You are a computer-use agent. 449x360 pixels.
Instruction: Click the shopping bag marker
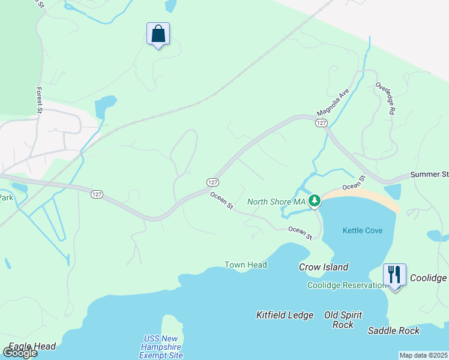point(158,34)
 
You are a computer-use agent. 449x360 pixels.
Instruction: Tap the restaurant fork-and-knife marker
point(394,275)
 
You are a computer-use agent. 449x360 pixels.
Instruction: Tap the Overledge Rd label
point(385,98)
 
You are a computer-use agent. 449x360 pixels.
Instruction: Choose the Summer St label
point(429,175)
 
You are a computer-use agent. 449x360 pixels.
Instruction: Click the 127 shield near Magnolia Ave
point(321,123)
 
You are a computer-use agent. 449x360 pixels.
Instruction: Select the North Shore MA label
point(277,202)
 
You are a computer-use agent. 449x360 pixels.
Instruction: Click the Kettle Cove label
point(363,230)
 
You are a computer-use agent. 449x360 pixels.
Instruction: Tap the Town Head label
point(246,265)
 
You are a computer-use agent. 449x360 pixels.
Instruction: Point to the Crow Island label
point(324,267)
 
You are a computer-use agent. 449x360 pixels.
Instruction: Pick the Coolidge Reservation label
point(346,285)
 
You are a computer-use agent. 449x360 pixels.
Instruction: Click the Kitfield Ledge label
point(285,315)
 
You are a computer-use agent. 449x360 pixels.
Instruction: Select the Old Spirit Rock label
point(339,319)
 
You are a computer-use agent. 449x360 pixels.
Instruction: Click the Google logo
point(20,352)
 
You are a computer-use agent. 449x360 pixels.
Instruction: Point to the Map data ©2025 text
point(423,355)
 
